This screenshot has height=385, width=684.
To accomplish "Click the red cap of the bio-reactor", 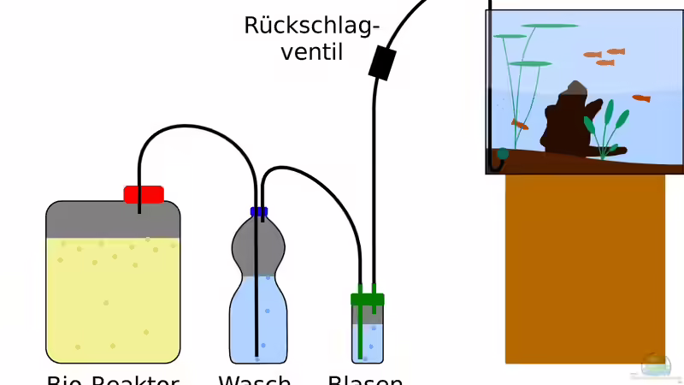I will pyautogui.click(x=144, y=194).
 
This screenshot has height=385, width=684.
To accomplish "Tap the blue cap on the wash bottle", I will pyautogui.click(x=258, y=211).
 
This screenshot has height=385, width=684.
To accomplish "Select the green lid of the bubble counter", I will pyautogui.click(x=368, y=299).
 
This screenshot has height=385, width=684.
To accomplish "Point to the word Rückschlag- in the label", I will pyautogui.click(x=311, y=26).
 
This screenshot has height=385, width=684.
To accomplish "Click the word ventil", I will pyautogui.click(x=312, y=52).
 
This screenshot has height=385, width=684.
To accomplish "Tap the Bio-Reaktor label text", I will pyautogui.click(x=113, y=379).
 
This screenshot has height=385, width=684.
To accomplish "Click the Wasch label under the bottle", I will pyautogui.click(x=255, y=379).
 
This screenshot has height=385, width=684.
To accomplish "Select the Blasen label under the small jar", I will pyautogui.click(x=365, y=379).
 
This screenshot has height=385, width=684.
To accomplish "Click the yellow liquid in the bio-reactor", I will pyautogui.click(x=113, y=299).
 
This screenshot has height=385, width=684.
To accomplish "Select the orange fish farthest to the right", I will pyautogui.click(x=641, y=98).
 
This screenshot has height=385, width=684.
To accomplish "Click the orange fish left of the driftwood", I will pyautogui.click(x=520, y=125).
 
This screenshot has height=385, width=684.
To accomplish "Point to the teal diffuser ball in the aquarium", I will pyautogui.click(x=502, y=154).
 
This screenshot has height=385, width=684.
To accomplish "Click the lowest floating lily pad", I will pyautogui.click(x=529, y=63).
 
